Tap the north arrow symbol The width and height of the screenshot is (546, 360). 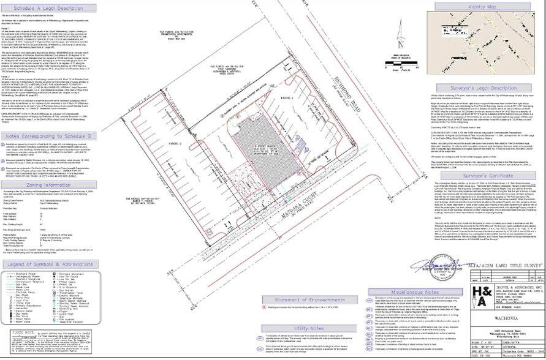tap(400, 37)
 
